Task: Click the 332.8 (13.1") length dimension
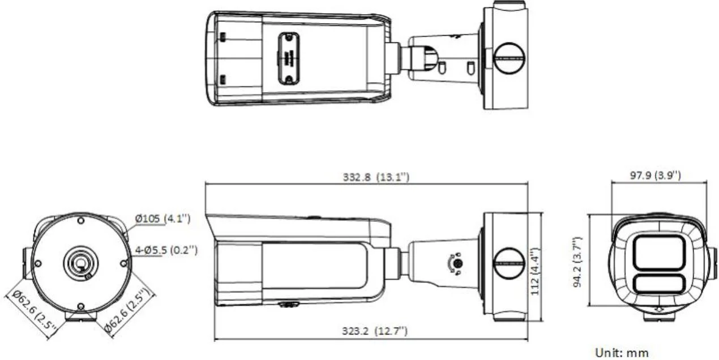376,177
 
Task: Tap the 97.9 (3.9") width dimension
656,175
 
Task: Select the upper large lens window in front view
658,252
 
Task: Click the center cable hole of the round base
80,263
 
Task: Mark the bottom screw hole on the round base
80,306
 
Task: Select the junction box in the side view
506,264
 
